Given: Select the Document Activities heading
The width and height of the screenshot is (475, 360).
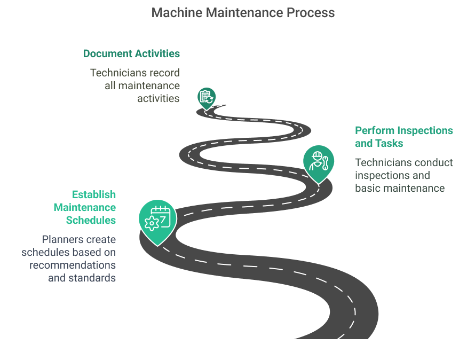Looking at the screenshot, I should tap(131, 53).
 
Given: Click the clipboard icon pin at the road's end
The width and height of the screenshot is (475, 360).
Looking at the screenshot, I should tap(206, 97).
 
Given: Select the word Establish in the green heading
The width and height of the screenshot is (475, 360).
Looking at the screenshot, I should tap(94, 194).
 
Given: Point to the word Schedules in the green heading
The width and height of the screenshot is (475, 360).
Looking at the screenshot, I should tap(91, 220).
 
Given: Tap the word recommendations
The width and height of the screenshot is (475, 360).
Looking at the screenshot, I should tap(73, 265).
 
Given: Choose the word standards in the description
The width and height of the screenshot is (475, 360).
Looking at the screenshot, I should tap(92, 278).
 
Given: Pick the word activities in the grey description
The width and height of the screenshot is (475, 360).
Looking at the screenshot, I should tap(159, 98).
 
